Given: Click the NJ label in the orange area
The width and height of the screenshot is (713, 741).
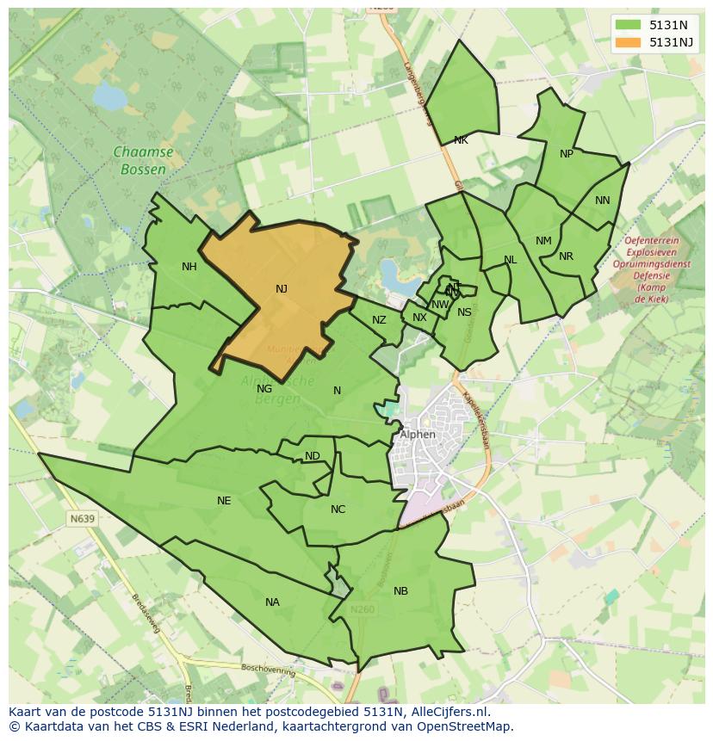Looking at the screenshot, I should (x=282, y=289).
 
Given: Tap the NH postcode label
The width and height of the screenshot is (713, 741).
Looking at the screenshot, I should (x=189, y=267).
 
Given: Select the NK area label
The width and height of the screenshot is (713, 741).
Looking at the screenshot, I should (x=461, y=140).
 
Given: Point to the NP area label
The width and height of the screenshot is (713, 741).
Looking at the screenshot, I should (x=566, y=154).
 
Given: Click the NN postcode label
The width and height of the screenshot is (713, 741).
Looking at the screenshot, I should (x=602, y=201).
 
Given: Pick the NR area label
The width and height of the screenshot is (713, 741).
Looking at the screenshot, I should (x=566, y=256).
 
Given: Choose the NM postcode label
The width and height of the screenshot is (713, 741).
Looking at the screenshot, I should (x=543, y=241).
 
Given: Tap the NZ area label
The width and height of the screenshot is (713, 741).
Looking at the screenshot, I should (x=379, y=320).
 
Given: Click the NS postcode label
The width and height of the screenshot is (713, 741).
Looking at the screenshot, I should (x=464, y=312).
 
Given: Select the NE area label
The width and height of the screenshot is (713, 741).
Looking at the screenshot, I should (x=224, y=501).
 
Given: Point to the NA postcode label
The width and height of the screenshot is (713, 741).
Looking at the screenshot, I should (x=272, y=602).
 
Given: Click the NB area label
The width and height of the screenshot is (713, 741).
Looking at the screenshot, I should (x=400, y=591).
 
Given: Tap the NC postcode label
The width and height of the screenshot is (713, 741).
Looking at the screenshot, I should (x=338, y=509).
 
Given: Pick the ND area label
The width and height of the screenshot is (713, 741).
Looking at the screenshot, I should (x=313, y=456).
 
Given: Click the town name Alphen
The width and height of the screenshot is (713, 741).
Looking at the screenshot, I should (x=418, y=435).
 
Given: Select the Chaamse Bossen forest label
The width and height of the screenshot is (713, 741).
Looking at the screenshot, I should (x=143, y=161).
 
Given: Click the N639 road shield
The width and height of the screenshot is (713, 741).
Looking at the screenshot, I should (x=83, y=519).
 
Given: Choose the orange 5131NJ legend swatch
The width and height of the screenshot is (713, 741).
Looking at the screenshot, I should (x=629, y=42).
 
